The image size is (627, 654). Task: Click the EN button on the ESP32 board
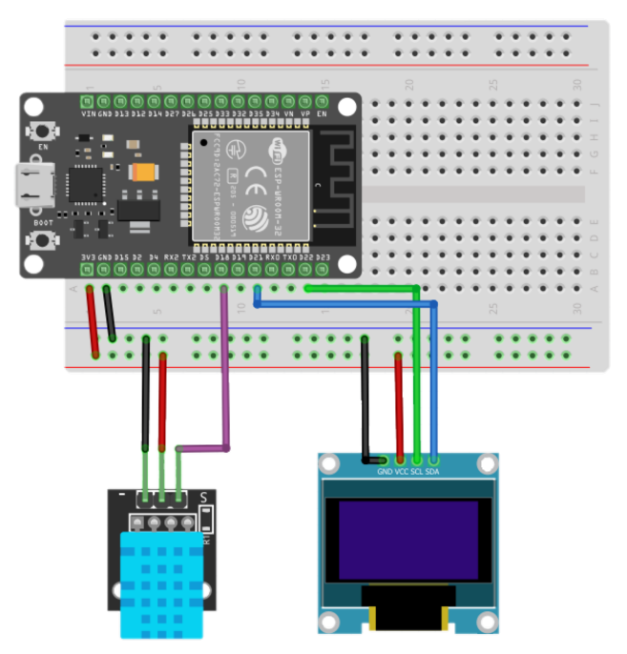(41, 132)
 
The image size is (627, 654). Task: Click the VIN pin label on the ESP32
(89, 113)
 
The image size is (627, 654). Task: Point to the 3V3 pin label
(88, 257)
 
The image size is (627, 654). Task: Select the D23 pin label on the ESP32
(323, 257)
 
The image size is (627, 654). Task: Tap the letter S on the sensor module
(204, 498)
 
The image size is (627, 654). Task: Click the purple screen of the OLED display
(408, 540)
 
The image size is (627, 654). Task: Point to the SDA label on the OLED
(433, 471)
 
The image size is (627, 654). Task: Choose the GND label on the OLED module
(385, 471)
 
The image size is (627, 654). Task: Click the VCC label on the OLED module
(401, 471)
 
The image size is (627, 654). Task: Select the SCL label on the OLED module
(417, 471)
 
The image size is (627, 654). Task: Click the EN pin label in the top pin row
(323, 113)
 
